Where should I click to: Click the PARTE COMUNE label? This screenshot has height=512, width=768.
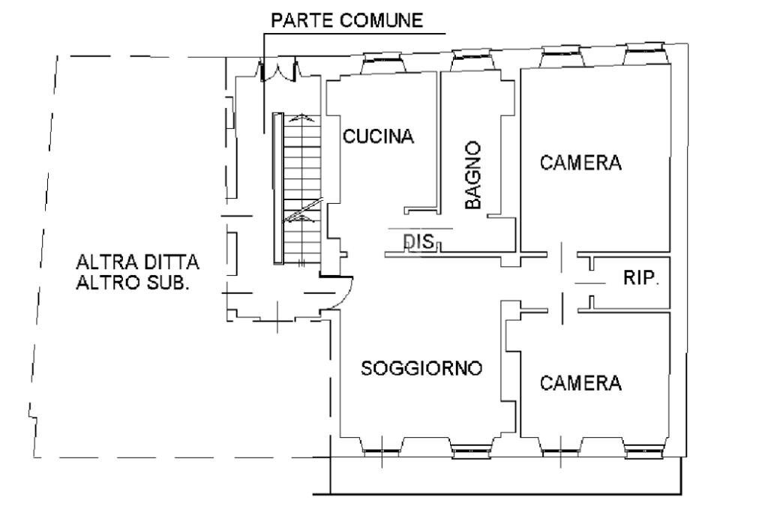pos(346,21)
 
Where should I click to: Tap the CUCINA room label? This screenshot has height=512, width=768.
pos(379,136)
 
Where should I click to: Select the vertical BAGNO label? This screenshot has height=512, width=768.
pos(472,175)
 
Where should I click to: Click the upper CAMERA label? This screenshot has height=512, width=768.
pos(581,163)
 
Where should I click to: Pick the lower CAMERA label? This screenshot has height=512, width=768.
pos(581,383)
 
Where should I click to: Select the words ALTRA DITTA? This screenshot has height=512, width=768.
pos(137,263)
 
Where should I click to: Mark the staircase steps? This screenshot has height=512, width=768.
pos(303,187)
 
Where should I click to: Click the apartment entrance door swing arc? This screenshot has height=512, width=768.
pos(342,294)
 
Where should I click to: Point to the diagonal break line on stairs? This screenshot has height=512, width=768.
pos(303,211)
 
